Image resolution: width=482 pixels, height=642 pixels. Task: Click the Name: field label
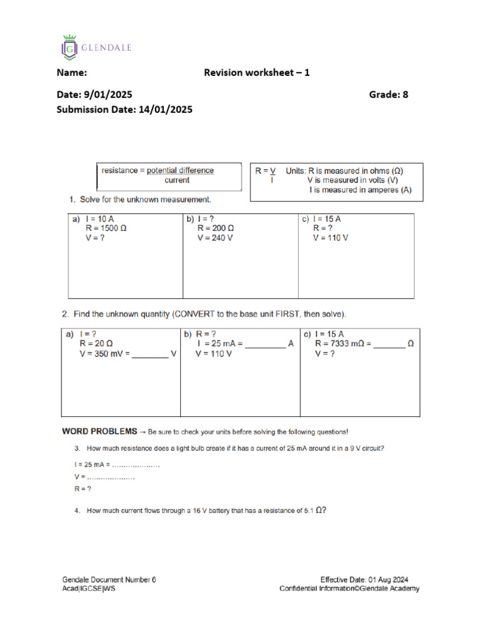pos(72,73)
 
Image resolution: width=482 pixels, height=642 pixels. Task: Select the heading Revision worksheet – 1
pos(257,73)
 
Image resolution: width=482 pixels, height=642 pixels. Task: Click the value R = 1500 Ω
pos(106,229)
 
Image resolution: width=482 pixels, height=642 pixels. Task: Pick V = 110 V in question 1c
pos(330,238)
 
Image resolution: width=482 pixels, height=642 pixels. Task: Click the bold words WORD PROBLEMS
pos(99,432)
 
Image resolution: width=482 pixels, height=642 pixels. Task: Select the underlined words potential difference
pos(180,171)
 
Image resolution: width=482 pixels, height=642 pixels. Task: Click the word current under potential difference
pos(177,181)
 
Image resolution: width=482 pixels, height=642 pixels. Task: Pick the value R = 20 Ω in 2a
pos(96,344)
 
